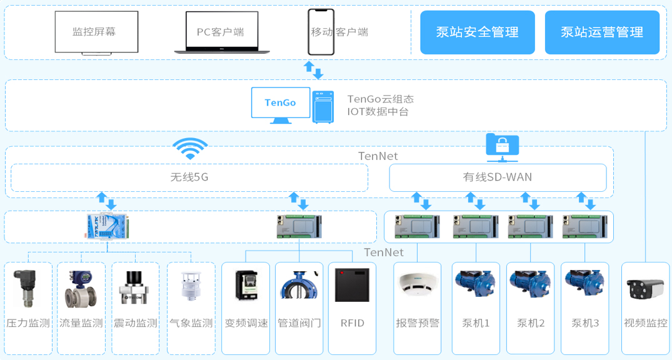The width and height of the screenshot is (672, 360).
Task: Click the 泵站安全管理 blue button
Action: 477,32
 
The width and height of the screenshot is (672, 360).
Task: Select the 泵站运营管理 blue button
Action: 601,32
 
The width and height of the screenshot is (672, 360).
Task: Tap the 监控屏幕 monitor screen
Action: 96,32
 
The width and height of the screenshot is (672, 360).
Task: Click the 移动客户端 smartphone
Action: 321,32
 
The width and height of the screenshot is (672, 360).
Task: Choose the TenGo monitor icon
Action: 281,103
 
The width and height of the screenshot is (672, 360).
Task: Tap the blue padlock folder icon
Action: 502,144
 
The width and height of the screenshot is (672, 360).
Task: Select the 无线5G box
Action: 189,177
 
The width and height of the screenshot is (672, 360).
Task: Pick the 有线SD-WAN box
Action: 498,177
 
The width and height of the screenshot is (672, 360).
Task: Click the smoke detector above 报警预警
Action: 417,285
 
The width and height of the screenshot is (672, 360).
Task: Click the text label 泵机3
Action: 584,323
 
